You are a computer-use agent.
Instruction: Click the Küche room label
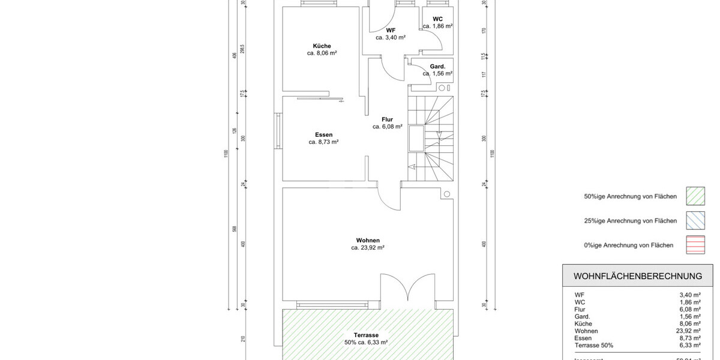pos(322,46)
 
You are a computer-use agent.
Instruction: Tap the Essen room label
pos(323,134)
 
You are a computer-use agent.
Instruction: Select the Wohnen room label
pos(367,240)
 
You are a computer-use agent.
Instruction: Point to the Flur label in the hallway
pos(387,119)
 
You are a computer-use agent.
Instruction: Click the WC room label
pos(437,19)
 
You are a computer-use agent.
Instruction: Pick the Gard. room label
pos(437,67)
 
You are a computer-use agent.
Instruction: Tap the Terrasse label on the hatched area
pos(366,335)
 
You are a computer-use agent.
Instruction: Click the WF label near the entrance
pos(391,30)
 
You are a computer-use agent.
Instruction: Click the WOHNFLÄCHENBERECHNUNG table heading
pos(638,276)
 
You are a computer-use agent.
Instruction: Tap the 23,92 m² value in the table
pos(689,331)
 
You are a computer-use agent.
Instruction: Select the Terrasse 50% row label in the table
pos(593,345)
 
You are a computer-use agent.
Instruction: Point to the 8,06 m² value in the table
pos(689,323)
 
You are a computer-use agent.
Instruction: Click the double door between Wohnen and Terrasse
pos(408,288)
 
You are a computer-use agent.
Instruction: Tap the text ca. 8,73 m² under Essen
pos(323,142)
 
